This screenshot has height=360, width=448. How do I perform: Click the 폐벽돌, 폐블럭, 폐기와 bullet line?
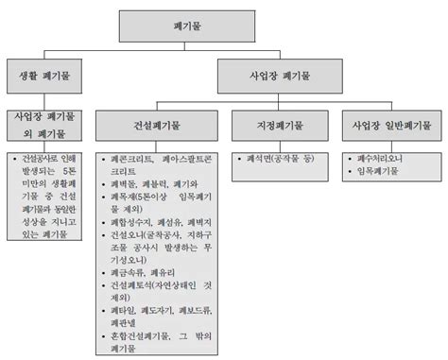click(151, 184)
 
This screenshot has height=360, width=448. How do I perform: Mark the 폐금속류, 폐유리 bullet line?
click(141, 271)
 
